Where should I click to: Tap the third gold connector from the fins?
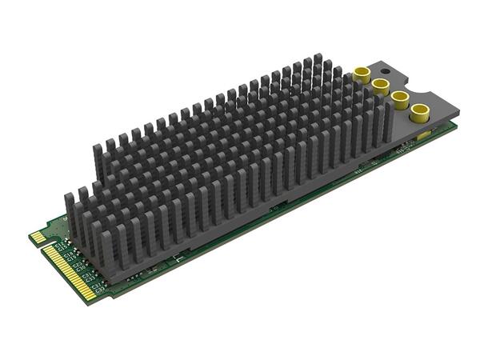coord(398,99)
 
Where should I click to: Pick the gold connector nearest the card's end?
coord(418,114)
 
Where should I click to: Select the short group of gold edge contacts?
coord(37,237)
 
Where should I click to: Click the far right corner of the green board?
coord(457,122)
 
